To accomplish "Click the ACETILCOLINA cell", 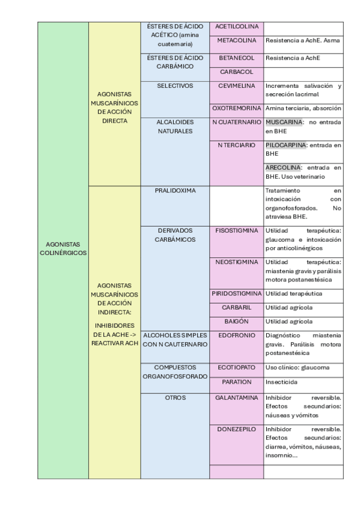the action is point(236,27).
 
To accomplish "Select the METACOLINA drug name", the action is point(236,40).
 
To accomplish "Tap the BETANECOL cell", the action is point(236,58).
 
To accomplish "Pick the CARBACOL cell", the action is point(236,72).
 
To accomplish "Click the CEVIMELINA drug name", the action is point(236,86).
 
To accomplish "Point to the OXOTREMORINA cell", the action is point(236,108).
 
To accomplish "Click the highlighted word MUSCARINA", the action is point(284,122).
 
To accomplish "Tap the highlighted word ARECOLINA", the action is point(283,167).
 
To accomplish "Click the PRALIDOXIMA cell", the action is point(175,191).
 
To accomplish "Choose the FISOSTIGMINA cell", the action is point(236,230).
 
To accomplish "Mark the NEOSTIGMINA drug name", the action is point(236,262).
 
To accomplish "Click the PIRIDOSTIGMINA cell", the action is point(236,293).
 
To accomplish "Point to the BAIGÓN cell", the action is point(236,322).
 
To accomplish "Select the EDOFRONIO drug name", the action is point(236,335).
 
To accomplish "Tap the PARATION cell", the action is point(236,382).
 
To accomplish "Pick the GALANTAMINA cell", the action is point(236,398).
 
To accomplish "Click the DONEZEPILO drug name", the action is point(236,429).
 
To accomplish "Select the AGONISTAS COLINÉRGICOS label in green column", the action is point(63,248).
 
